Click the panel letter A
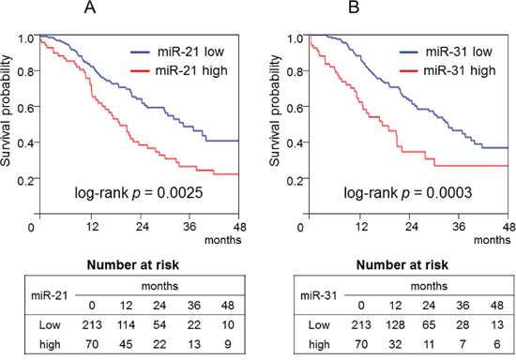pos(90,7)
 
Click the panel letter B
pos(354,7)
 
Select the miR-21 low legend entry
pos(177,52)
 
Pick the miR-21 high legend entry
pos(179,70)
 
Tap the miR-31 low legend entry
pos(447,52)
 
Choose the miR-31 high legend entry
pos(448,70)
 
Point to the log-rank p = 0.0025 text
pos(139,193)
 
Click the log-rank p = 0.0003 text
pos(408,193)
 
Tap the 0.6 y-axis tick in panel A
pos(26,108)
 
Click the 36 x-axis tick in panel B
pos(459,226)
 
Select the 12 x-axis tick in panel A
pos(93,227)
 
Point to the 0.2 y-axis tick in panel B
pos(296,179)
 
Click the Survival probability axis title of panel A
pos(6,111)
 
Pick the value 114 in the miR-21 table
pos(126,325)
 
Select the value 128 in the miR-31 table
pos(395,325)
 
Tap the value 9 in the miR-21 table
pos(227,344)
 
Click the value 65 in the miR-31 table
pos(429,325)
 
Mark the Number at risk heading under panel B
pos(402,265)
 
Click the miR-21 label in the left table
pos(50,296)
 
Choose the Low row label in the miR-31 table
pos(319,325)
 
